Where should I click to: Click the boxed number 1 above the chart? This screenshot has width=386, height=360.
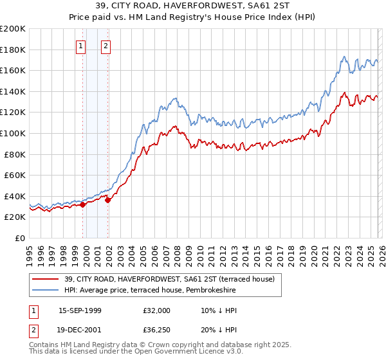pyautogui.click(x=80, y=46)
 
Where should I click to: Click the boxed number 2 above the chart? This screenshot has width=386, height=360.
pyautogui.click(x=106, y=46)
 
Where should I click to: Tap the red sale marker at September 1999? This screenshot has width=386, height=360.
pyautogui.click(x=82, y=204)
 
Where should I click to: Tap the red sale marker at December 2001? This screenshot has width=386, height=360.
pyautogui.click(x=108, y=200)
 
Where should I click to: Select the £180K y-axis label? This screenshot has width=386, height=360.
pyautogui.click(x=13, y=50)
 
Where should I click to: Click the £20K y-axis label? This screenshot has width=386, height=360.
pyautogui.click(x=15, y=217)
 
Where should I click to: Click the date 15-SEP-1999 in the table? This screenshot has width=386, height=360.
pyautogui.click(x=80, y=310)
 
